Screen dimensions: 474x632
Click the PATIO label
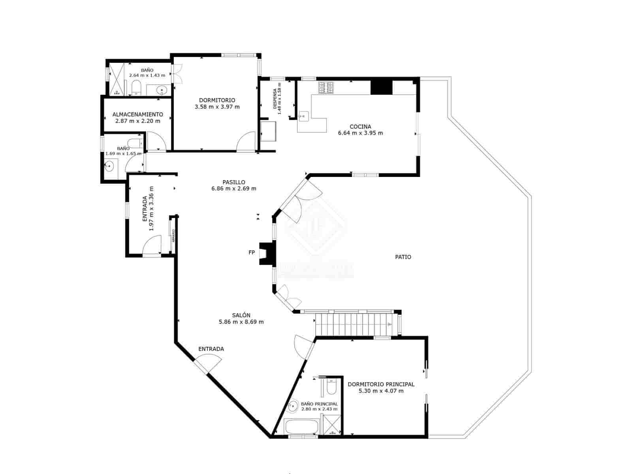tap(403, 257)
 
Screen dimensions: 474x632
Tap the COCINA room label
tap(360, 127)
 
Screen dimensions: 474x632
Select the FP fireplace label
tap(252, 252)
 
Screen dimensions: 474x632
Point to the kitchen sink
tap(303, 115)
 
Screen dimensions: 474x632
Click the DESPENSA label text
tap(275, 98)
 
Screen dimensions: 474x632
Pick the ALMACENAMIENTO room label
tap(137, 114)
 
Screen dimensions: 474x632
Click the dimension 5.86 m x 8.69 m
tap(241, 322)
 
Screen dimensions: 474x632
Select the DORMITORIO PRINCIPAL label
tap(381, 384)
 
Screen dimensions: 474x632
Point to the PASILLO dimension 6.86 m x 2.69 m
tap(233, 188)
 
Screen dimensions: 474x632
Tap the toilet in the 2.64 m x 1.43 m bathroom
tap(136, 87)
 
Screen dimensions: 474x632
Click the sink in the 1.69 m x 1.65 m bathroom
tap(109, 166)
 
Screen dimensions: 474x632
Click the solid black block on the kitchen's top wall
tap(381, 87)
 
